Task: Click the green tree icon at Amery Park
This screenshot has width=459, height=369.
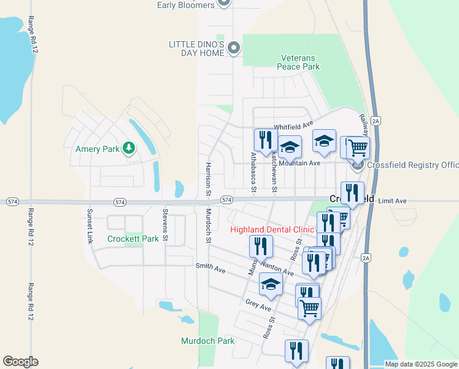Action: pos(128,148)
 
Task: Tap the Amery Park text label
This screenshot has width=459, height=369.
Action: pos(98,149)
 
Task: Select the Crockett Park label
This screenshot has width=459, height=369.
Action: pos(133,239)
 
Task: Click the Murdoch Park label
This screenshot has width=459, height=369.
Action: pos(208,341)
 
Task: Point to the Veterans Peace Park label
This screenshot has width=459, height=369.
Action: pos(299,62)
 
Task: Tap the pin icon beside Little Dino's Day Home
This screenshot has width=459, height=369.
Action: pos(233,47)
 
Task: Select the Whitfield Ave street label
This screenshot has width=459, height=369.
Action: pos(293,127)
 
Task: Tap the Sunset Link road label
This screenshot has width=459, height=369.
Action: pos(90,225)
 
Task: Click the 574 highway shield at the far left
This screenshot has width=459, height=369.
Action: pos(12,202)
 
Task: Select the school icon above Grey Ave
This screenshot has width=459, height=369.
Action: pos(270,284)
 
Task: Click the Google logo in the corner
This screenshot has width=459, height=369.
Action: pos(20,362)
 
